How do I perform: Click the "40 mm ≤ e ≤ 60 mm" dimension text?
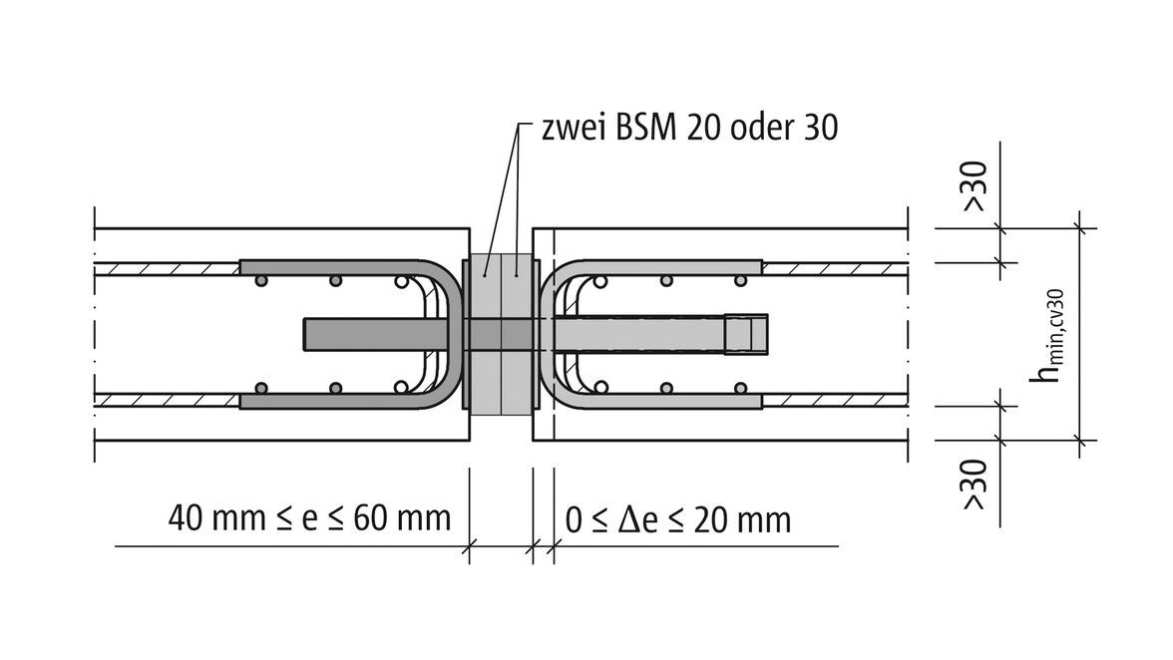pyautogui.click(x=309, y=518)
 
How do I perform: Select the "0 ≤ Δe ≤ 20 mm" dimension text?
pyautogui.click(x=678, y=519)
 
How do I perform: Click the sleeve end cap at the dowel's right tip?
pyautogui.click(x=747, y=334)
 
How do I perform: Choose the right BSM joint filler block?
pyautogui.click(x=520, y=334)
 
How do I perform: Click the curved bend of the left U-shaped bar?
pyautogui.click(x=453, y=334)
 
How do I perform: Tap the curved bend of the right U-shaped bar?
pyautogui.click(x=548, y=334)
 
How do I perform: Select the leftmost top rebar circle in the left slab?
pyautogui.click(x=261, y=282)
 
